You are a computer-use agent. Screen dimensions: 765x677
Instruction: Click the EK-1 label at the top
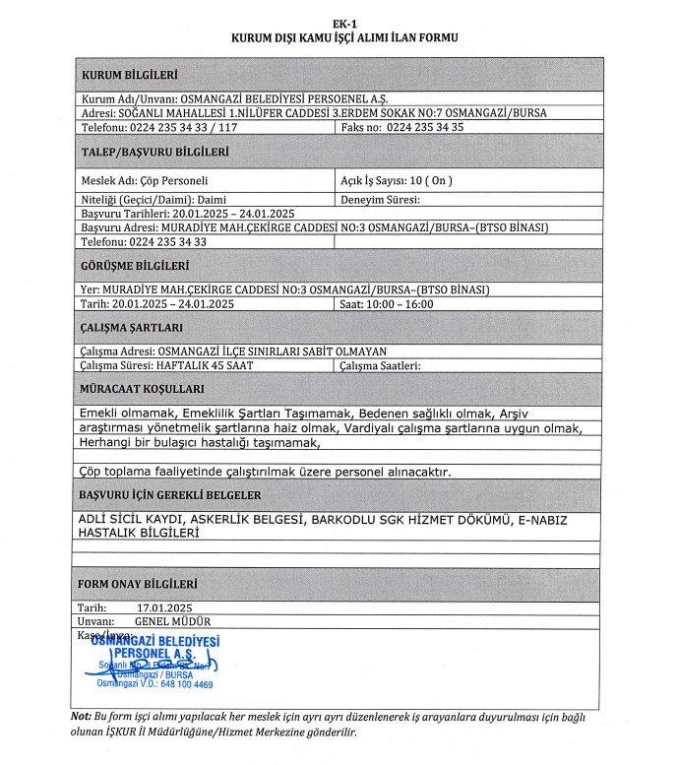tap(344, 20)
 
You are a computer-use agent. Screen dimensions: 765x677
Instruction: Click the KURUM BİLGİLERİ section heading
tap(130, 75)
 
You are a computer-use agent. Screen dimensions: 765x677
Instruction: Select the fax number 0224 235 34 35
tap(424, 127)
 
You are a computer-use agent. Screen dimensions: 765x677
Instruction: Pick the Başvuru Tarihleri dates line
tap(187, 213)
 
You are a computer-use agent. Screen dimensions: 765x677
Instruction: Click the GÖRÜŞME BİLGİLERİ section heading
tap(137, 266)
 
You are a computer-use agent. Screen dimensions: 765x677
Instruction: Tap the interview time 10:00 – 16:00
tap(403, 304)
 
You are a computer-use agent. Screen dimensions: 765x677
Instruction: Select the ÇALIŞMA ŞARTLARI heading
tap(132, 328)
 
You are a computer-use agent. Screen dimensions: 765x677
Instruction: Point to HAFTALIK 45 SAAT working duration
tap(205, 365)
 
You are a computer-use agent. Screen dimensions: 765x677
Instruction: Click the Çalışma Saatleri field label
tap(381, 365)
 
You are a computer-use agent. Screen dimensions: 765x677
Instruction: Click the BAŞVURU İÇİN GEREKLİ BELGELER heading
tap(170, 494)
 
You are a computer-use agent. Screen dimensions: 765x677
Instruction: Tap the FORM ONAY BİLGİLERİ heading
tap(139, 584)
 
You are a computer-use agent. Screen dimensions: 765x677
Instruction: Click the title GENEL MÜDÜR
tap(172, 621)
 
